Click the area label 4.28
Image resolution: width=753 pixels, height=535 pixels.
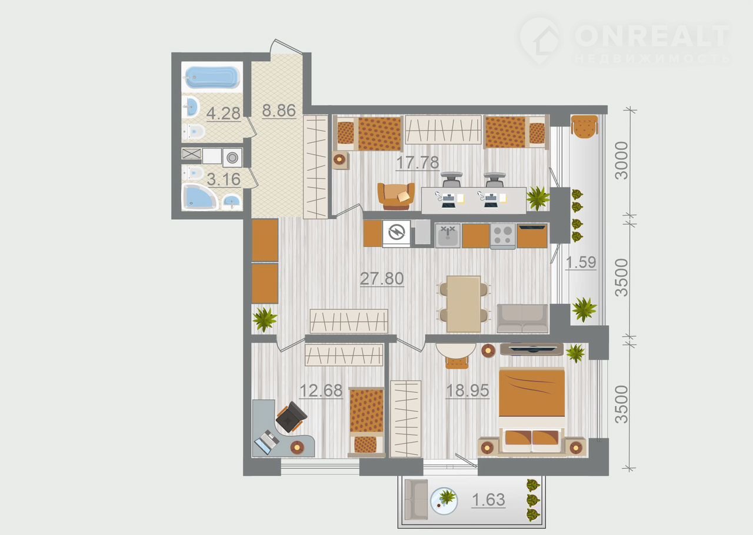[x=223, y=113]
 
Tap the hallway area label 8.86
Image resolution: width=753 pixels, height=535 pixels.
[x=279, y=110]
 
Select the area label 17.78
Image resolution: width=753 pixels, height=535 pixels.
[x=418, y=163]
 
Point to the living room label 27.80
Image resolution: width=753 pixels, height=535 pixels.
[x=382, y=279]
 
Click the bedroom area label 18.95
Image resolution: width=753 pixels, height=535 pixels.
[x=467, y=390]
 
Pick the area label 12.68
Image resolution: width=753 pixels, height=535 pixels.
[x=321, y=390]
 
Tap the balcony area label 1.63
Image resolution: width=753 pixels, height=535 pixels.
[x=488, y=500]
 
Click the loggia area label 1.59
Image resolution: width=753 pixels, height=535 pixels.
[x=581, y=262]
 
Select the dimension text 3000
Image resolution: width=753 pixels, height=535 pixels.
[x=621, y=160]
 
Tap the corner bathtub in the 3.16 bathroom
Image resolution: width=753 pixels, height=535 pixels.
[x=199, y=198]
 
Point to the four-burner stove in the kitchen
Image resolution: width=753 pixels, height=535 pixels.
[x=503, y=236]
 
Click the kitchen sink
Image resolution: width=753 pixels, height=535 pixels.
[x=448, y=236]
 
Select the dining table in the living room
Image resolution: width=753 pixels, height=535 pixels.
[x=464, y=304]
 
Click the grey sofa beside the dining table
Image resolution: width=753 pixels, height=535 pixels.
[x=522, y=318]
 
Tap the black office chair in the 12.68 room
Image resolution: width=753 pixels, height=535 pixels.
[x=291, y=417]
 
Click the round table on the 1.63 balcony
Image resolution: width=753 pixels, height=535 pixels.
[x=444, y=500]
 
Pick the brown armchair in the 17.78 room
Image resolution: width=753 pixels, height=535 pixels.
[x=396, y=196]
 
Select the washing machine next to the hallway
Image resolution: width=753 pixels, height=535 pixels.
[x=232, y=158]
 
